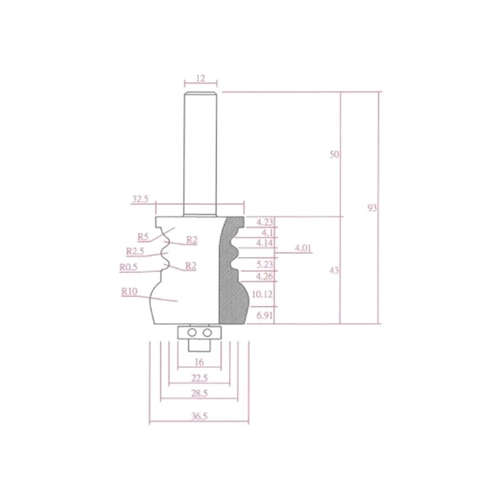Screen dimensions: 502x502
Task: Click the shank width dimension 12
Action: [201, 78]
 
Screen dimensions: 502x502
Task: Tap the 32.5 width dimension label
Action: [140, 199]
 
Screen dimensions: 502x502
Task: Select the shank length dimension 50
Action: [334, 154]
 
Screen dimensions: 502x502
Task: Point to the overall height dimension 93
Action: [372, 208]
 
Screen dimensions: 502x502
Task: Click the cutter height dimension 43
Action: [334, 270]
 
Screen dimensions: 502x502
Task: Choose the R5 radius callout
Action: [143, 237]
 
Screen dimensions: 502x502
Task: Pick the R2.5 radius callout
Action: [135, 252]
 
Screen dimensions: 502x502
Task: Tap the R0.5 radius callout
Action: [129, 267]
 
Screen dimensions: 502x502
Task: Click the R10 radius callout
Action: [129, 292]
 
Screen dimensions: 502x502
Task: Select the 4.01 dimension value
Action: [303, 248]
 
